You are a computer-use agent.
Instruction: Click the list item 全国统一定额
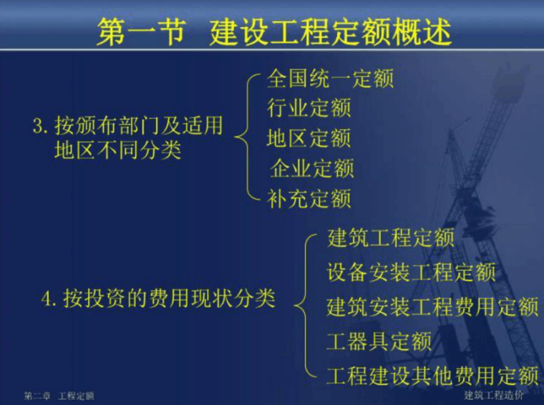(x=330, y=78)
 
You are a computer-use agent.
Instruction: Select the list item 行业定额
(x=309, y=108)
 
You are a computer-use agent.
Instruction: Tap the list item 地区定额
(x=309, y=137)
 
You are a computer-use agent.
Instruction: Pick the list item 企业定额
(x=312, y=168)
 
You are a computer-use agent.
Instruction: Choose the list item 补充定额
(x=309, y=198)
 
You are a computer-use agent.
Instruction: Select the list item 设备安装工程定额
(x=411, y=273)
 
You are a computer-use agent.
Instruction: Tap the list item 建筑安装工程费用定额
(x=432, y=307)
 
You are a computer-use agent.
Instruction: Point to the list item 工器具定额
(x=379, y=341)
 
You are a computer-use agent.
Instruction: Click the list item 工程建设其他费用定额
(x=432, y=375)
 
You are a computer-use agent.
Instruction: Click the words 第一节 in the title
(x=140, y=33)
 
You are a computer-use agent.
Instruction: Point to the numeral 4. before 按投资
(x=50, y=298)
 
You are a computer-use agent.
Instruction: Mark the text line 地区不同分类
(x=118, y=151)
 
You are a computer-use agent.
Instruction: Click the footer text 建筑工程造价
(x=493, y=395)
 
